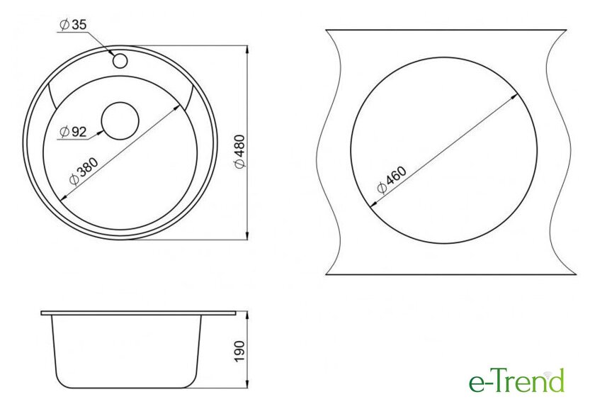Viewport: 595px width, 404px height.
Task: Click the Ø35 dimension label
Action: point(73,25)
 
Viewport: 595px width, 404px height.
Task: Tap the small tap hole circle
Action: point(120,61)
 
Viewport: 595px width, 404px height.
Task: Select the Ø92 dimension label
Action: point(73,132)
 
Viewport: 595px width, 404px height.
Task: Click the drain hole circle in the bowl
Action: point(120,121)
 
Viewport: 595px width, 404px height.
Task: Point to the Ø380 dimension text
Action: point(84,171)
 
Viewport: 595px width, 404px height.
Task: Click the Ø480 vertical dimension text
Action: point(240,152)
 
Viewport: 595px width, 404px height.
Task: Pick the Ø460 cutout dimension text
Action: point(392,180)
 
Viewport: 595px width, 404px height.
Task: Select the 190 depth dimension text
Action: point(240,352)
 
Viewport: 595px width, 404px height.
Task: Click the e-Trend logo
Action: point(516,381)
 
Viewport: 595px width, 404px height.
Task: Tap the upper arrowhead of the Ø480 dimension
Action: point(247,50)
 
